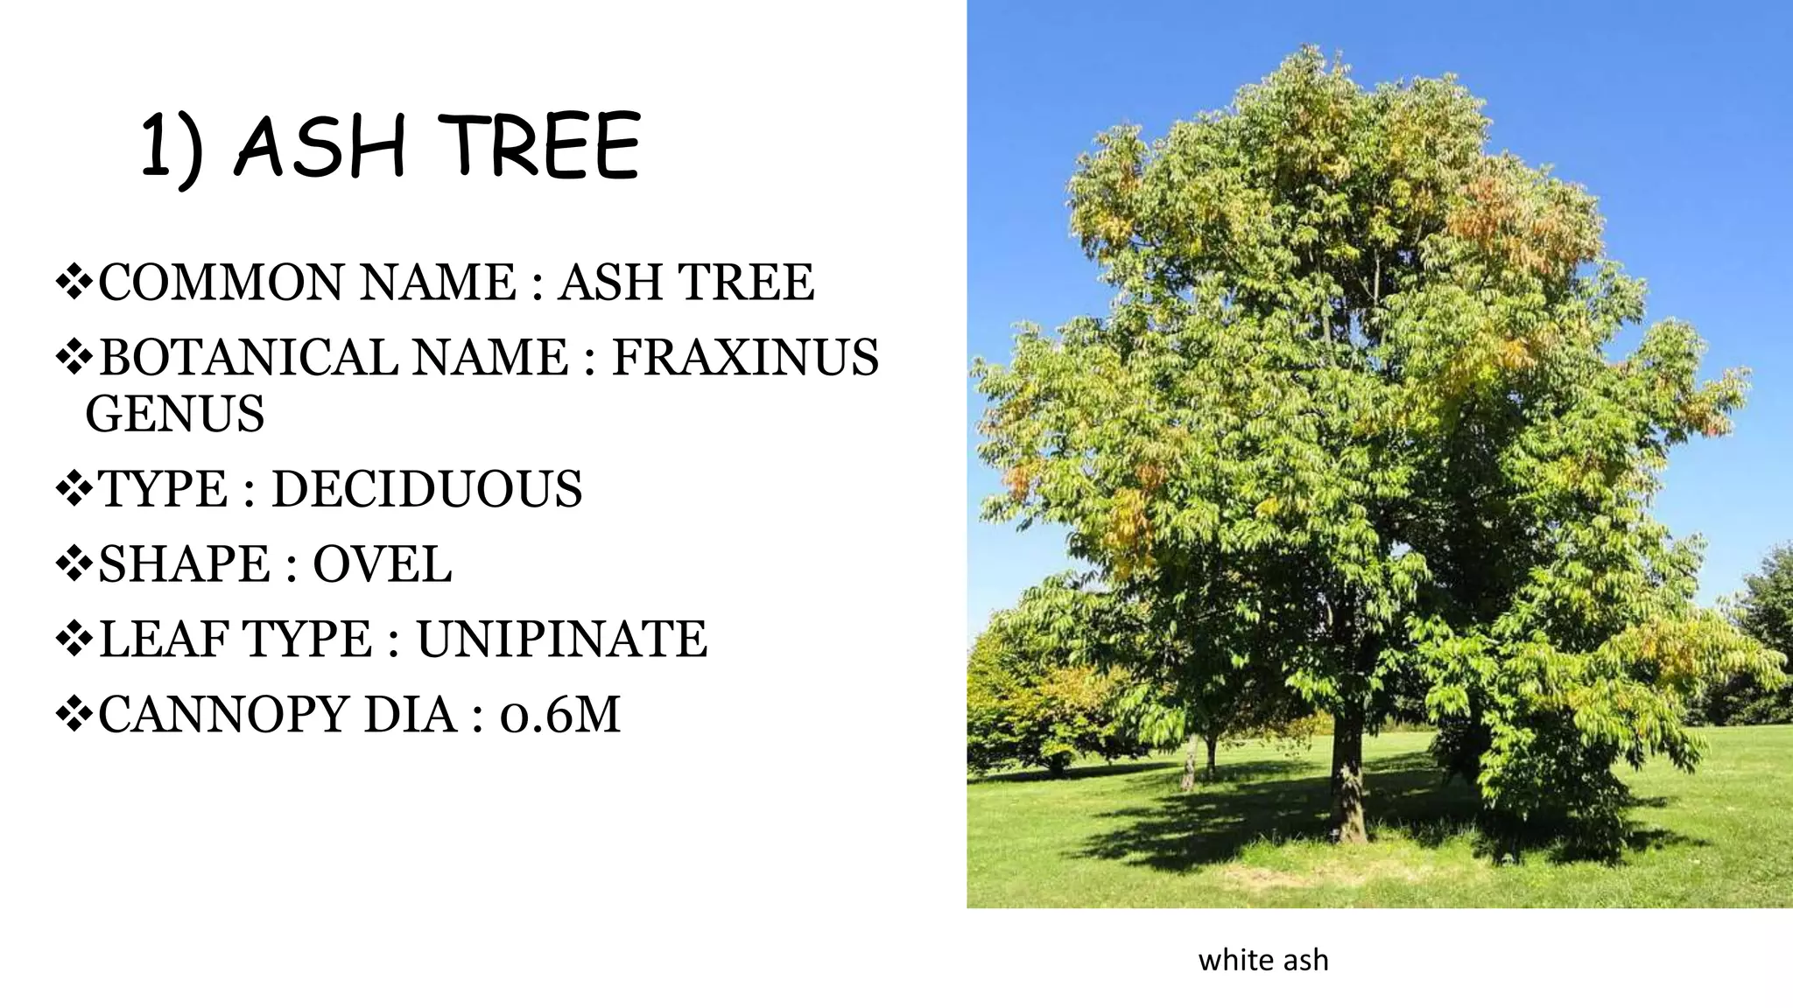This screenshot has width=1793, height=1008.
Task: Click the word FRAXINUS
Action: (745, 357)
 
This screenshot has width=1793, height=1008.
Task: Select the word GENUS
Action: (175, 414)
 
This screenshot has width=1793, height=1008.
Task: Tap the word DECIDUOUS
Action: (426, 489)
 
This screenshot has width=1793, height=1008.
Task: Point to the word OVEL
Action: (383, 564)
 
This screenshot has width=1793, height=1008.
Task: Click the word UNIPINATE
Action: (561, 640)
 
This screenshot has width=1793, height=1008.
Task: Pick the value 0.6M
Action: (560, 715)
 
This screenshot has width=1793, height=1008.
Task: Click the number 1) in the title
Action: (173, 149)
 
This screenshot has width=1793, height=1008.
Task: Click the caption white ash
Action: (1262, 960)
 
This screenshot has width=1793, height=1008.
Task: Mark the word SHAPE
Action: (185, 564)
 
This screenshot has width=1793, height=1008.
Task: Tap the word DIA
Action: (411, 715)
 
